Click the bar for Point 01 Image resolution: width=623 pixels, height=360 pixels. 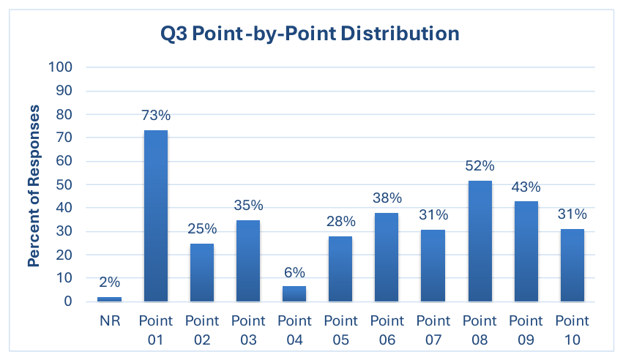[156, 216]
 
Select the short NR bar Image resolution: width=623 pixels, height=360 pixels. [109, 299]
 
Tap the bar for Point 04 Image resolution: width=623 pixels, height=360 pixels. [294, 293]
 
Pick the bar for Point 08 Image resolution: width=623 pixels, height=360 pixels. [480, 241]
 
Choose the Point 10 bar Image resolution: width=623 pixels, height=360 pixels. [572, 265]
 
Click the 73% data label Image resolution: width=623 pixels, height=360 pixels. [156, 115]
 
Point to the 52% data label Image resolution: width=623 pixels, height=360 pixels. [480, 165]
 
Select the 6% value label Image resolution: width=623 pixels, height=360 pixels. [294, 272]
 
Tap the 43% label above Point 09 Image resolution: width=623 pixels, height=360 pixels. [526, 187]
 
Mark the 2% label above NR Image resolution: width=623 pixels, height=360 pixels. [109, 282]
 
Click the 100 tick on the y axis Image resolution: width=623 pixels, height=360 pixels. [60, 67]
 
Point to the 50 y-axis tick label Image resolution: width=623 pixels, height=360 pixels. [64, 184]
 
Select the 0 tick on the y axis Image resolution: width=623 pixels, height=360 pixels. [68, 301]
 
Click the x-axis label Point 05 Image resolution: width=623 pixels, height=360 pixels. [341, 330]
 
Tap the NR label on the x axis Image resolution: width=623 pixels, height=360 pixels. [110, 320]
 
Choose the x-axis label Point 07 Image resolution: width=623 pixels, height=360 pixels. [433, 330]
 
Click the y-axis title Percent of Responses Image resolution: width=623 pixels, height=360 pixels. [34, 186]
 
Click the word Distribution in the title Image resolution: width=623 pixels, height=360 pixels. [400, 34]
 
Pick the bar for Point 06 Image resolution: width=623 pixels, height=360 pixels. [387, 258]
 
